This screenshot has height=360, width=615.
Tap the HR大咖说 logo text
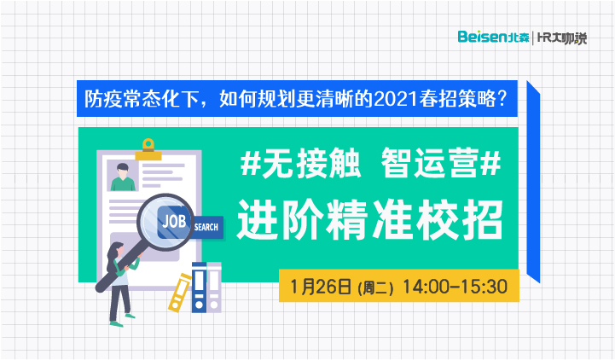[x=561, y=38]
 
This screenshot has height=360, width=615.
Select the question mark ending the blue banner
[x=502, y=99]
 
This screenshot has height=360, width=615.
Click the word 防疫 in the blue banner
[x=103, y=99]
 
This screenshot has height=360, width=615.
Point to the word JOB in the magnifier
[x=174, y=222]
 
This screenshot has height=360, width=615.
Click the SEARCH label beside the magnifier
[x=206, y=227]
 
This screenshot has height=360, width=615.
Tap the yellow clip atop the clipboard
[x=148, y=149]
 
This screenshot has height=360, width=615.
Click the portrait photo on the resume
[x=122, y=175]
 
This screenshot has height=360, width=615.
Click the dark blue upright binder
[x=200, y=287]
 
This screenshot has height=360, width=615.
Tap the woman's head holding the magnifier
[x=115, y=251]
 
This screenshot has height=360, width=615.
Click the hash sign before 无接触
[x=251, y=163]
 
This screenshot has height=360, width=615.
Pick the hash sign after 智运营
[x=490, y=163]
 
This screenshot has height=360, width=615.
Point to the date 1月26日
[x=321, y=287]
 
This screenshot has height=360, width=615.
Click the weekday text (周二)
[x=375, y=288]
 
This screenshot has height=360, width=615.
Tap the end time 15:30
[x=484, y=287]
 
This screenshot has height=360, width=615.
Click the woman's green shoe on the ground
[x=117, y=324]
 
